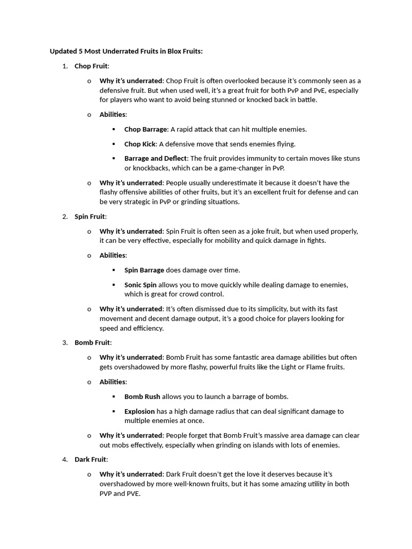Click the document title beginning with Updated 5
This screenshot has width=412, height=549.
click(x=126, y=51)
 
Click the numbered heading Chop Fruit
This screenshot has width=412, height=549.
click(x=91, y=66)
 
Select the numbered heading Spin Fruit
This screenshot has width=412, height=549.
click(x=90, y=217)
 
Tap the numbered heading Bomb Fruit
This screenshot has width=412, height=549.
click(x=92, y=343)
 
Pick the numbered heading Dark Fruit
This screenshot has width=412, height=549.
click(x=91, y=459)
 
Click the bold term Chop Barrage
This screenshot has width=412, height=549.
click(x=146, y=129)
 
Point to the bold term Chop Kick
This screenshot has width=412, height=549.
click(x=139, y=144)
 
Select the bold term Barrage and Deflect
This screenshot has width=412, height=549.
click(x=156, y=158)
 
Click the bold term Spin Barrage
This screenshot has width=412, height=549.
click(x=144, y=270)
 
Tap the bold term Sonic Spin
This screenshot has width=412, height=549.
click(x=141, y=285)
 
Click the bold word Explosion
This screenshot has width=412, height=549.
click(x=139, y=411)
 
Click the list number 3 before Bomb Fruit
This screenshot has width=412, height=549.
click(x=64, y=343)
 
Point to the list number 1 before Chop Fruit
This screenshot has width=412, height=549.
click(x=64, y=66)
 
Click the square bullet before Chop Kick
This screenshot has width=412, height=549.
click(x=114, y=144)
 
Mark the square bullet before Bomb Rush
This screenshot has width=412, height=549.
click(x=114, y=397)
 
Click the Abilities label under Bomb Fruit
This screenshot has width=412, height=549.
click(x=112, y=382)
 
